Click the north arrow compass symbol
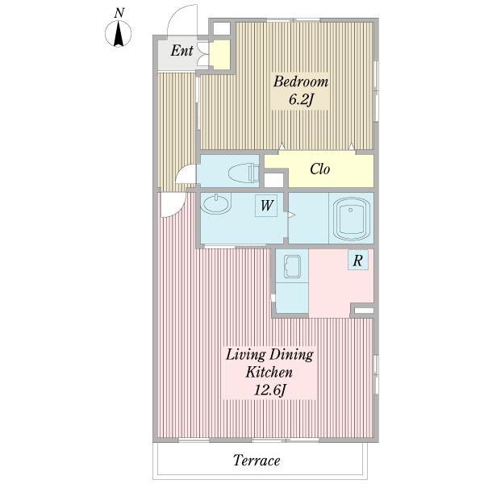tap(119, 33)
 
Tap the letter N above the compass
tap(119, 13)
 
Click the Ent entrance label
tap(181, 51)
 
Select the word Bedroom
tap(301, 81)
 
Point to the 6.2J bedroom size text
tap(301, 100)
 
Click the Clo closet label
tap(319, 169)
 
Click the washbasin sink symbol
tap(215, 204)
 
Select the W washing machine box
tap(266, 205)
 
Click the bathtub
tap(351, 219)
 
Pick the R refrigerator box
tap(358, 261)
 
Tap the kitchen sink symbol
tap(292, 267)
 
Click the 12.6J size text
tap(269, 390)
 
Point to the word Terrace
tap(257, 461)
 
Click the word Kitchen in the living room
tap(269, 372)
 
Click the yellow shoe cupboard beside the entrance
tap(219, 55)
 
